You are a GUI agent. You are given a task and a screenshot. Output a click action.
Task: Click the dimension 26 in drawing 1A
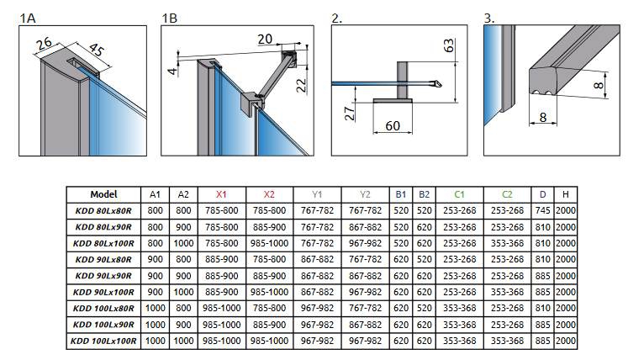pyautogui.click(x=45, y=41)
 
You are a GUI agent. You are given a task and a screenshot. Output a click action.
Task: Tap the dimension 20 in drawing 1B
pyautogui.click(x=265, y=39)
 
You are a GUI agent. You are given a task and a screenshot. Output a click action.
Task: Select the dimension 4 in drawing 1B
pyautogui.click(x=172, y=71)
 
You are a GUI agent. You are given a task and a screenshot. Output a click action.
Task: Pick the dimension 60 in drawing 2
pyautogui.click(x=392, y=126)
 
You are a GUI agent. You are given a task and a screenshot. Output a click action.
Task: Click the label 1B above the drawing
pyautogui.click(x=169, y=16)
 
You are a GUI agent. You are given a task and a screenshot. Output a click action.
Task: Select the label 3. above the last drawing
pyautogui.click(x=489, y=16)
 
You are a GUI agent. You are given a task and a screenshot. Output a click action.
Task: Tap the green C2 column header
pyautogui.click(x=506, y=193)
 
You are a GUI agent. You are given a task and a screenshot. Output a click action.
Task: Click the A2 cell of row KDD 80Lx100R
pyautogui.click(x=182, y=243)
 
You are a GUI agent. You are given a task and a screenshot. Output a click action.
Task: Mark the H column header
pyautogui.click(x=566, y=193)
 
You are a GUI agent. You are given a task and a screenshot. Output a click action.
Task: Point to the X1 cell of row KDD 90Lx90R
pyautogui.click(x=222, y=276)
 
